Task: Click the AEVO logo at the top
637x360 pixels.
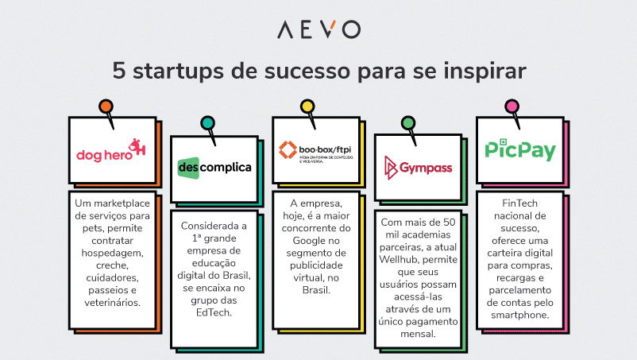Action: coord(318,29)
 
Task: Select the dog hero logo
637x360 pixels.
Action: coord(111,152)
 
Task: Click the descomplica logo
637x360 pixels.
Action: coord(214,168)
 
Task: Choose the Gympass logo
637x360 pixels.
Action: coord(418,167)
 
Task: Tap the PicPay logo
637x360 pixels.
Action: coord(520,149)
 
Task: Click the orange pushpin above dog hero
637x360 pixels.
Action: coord(105,106)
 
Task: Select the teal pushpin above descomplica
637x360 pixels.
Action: coord(207,122)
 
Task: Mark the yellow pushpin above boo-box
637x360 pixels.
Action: coord(307,106)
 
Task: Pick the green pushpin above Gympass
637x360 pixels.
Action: coord(408,122)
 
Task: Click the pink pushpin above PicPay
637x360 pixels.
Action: coord(512,106)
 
